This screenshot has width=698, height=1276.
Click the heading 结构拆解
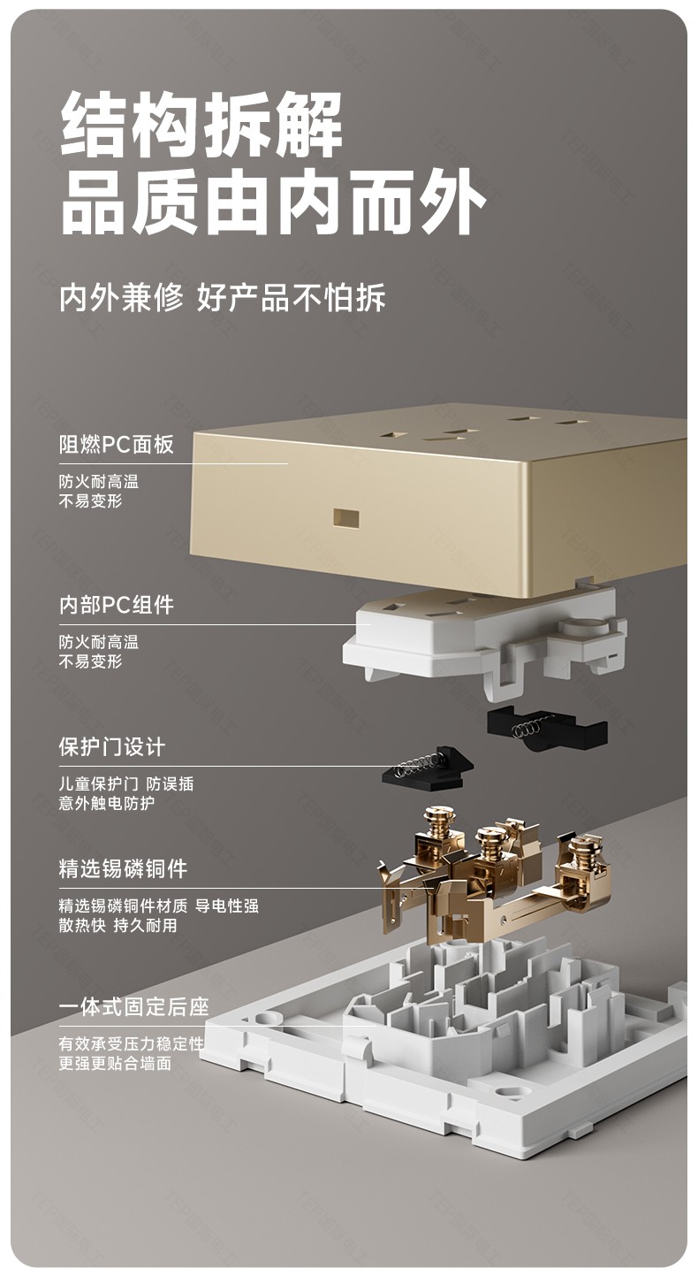point(201,124)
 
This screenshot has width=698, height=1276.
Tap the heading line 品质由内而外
point(273,201)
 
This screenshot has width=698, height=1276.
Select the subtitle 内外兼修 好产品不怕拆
point(223,297)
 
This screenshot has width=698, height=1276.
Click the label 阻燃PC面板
point(116,444)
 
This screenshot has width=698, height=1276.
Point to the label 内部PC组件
point(116,605)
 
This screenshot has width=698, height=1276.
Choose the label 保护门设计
point(111,747)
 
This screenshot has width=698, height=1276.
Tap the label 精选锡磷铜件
point(123,868)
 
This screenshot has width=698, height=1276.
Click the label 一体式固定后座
point(133,1007)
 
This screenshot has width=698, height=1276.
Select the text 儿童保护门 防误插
point(126,783)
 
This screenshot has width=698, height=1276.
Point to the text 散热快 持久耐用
point(118,925)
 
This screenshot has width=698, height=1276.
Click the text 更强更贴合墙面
point(115,1063)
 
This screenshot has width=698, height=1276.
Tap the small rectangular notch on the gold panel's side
point(345,517)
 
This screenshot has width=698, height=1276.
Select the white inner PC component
point(484,638)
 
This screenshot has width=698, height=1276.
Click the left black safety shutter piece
point(428,769)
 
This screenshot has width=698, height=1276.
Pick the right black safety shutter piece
point(547,729)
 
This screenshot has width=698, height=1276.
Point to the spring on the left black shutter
point(419,765)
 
